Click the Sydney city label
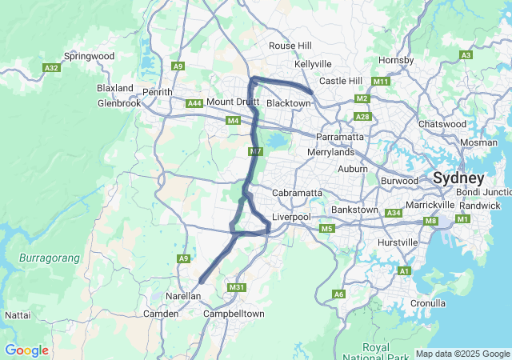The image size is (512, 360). tap(458, 178)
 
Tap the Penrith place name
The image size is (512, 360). tap(158, 93)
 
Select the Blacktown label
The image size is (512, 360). tap(287, 104)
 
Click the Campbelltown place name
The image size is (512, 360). tap(234, 314)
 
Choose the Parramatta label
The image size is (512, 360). tap(340, 137)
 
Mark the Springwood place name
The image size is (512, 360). tap(90, 56)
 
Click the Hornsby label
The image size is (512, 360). tap(396, 60)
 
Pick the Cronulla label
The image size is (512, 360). tap(427, 303)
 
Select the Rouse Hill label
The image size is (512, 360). tap(290, 46)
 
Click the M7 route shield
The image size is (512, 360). tap(255, 151)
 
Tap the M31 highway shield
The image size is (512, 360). tap(236, 287)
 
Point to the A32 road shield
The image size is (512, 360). tap(52, 69)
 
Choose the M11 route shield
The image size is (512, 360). tap(381, 82)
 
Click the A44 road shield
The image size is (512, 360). tap(194, 103)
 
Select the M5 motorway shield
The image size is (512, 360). tap(326, 229)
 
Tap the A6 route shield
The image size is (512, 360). tap(339, 294)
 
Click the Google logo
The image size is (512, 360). tap(26, 350)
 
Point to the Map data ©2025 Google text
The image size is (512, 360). tap(462, 354)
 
